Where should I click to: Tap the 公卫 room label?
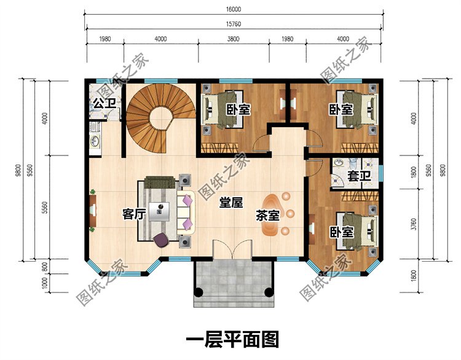point(104,103)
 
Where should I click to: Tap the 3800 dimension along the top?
point(234,39)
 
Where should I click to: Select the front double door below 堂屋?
point(231,249)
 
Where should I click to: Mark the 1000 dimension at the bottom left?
point(45,283)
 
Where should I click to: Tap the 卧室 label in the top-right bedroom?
point(341,110)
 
